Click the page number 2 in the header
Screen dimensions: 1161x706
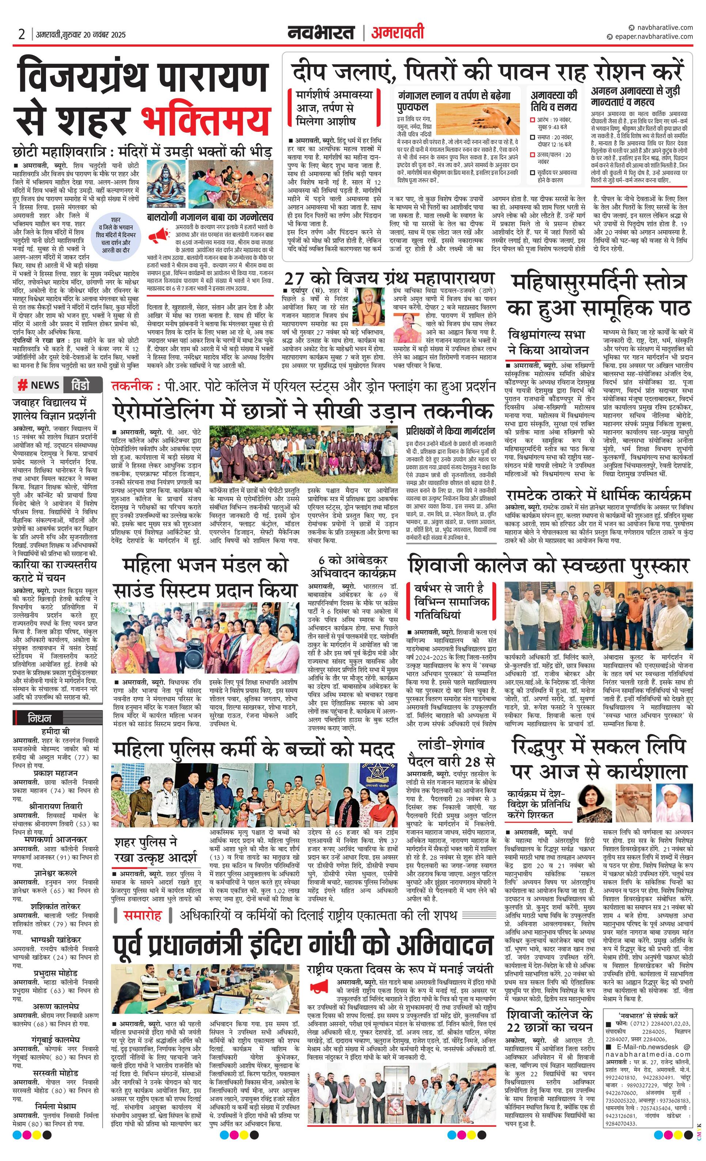coord(21,34)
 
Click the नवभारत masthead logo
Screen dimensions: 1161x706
coord(322,33)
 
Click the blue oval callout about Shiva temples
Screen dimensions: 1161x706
coord(115,241)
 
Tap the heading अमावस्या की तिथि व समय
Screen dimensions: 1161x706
coord(554,100)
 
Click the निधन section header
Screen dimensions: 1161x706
coord(40,719)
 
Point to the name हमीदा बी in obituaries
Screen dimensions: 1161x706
coord(56,732)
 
